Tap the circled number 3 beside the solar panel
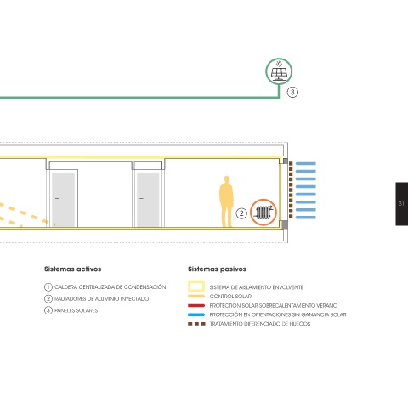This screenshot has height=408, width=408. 292,93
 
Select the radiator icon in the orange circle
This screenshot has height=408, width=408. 263,212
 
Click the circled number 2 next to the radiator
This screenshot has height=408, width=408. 241,213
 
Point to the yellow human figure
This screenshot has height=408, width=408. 226,201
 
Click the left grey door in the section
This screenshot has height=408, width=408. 63,199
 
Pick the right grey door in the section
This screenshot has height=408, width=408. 148,199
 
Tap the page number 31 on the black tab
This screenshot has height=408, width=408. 401,203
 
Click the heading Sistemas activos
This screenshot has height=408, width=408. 73,269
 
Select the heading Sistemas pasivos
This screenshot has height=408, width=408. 217,269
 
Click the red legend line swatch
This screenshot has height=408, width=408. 196,306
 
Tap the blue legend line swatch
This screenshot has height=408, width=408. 196,314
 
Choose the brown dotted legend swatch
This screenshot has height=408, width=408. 196,324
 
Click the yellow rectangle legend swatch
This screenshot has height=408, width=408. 196,286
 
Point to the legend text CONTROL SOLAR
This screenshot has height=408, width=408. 230,297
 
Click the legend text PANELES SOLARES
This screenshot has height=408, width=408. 76,310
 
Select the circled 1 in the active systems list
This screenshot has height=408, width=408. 48,287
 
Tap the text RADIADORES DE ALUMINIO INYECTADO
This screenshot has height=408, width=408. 101,299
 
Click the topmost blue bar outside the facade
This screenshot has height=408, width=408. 306,164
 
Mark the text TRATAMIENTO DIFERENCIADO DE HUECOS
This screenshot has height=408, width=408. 260,324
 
